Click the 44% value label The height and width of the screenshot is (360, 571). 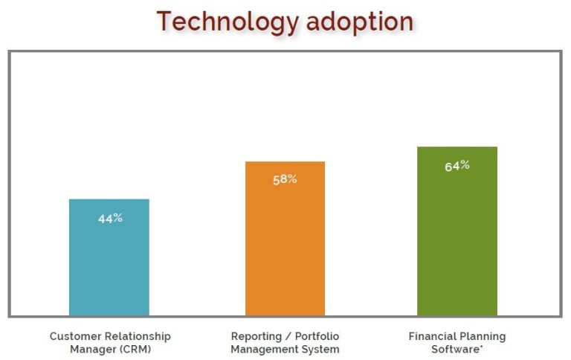(x=110, y=219)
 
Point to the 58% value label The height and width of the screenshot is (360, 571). (x=285, y=179)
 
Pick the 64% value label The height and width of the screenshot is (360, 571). (x=457, y=166)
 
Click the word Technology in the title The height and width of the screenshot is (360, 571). (x=222, y=22)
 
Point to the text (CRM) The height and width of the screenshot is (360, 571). (x=135, y=349)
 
